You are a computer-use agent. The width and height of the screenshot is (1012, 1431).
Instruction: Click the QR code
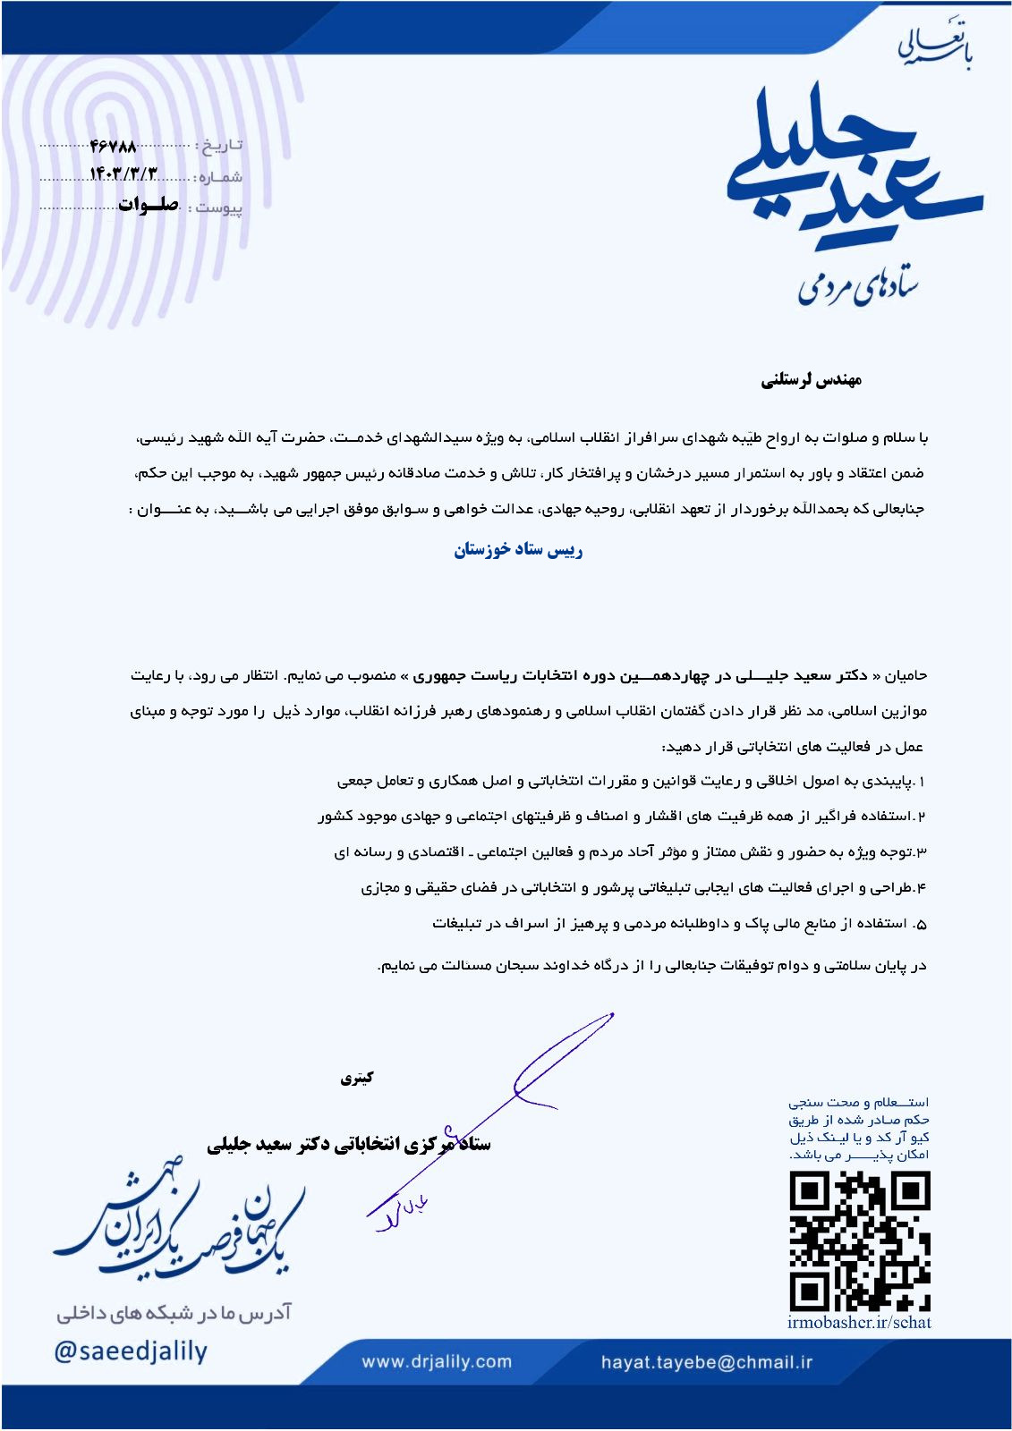pyautogui.click(x=859, y=1241)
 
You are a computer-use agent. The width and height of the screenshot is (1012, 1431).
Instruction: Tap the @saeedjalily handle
pyautogui.click(x=131, y=1351)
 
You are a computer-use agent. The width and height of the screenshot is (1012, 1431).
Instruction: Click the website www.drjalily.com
pyautogui.click(x=437, y=1362)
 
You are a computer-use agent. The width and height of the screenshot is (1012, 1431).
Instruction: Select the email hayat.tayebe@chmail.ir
pyautogui.click(x=707, y=1362)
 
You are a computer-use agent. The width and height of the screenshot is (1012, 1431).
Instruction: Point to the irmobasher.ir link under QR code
pyautogui.click(x=859, y=1323)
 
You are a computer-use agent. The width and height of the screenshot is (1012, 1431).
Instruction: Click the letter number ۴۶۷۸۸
pyautogui.click(x=114, y=146)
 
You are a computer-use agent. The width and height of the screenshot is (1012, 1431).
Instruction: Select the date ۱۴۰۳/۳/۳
pyautogui.click(x=123, y=174)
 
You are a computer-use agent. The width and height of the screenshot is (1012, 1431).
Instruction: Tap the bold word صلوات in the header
pyautogui.click(x=149, y=205)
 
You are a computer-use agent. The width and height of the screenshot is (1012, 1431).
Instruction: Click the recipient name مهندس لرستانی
pyautogui.click(x=811, y=380)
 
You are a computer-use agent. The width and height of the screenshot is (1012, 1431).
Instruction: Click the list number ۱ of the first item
pyautogui.click(x=922, y=782)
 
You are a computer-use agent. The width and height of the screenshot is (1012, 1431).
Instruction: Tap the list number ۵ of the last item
pyautogui.click(x=922, y=924)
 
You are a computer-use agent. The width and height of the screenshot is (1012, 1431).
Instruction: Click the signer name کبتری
pyautogui.click(x=356, y=1078)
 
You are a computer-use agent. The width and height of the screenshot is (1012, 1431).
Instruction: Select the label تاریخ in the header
pyautogui.click(x=220, y=146)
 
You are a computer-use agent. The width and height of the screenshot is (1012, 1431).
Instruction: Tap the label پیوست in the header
pyautogui.click(x=219, y=208)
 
